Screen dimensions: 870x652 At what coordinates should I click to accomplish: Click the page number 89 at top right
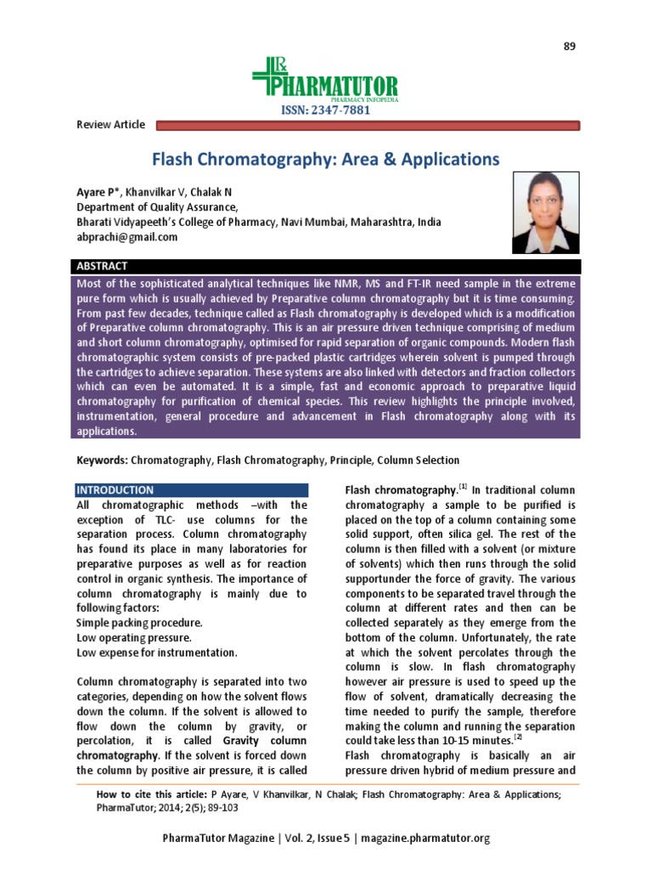click(x=570, y=46)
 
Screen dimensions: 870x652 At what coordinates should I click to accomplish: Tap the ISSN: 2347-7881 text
click(x=326, y=110)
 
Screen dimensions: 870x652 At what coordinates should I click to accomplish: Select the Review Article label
click(x=110, y=125)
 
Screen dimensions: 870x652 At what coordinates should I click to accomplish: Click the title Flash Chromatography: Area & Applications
click(x=325, y=159)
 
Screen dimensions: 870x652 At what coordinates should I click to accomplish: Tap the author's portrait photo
click(x=545, y=208)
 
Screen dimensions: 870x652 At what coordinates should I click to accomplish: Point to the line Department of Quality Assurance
click(x=158, y=207)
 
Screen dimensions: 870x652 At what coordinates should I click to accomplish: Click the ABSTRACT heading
click(x=103, y=266)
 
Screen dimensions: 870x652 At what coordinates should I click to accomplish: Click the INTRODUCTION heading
click(x=115, y=490)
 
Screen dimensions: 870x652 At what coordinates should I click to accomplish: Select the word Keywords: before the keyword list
click(x=102, y=460)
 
